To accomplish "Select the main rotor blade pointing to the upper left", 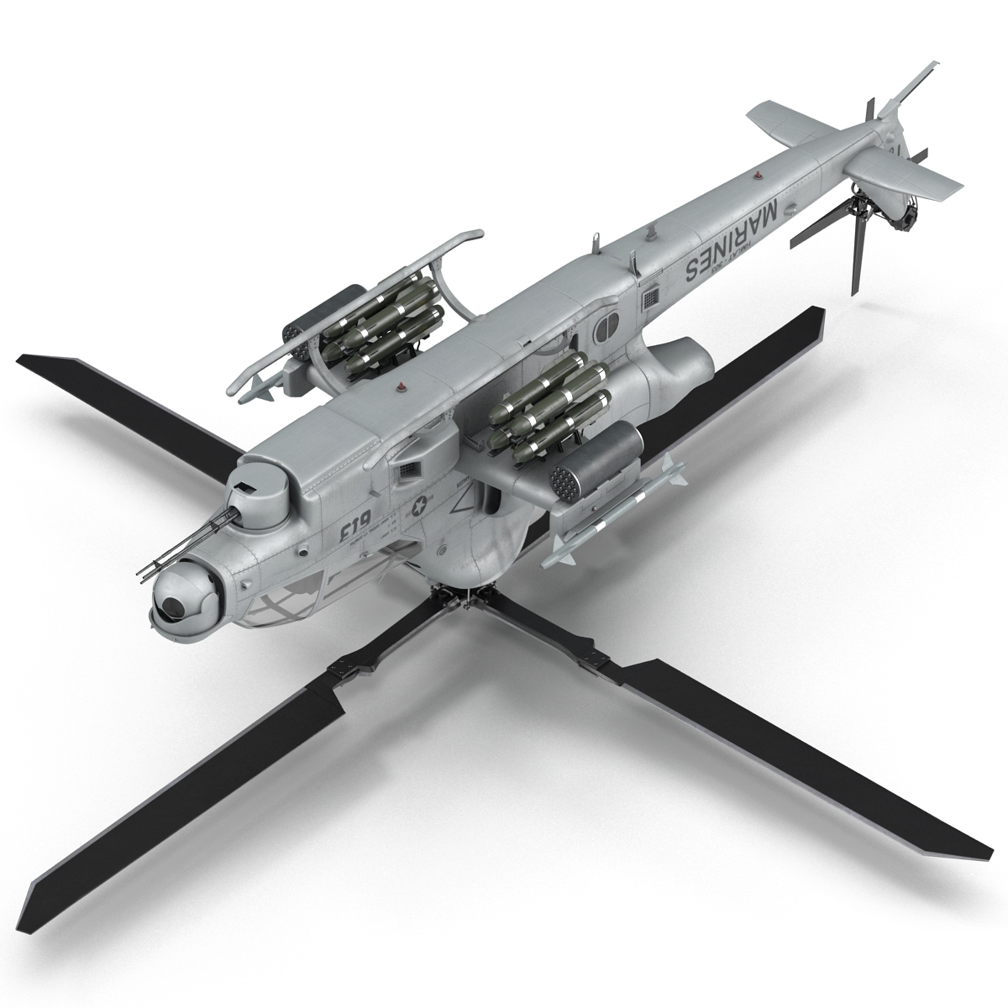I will (126, 394).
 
